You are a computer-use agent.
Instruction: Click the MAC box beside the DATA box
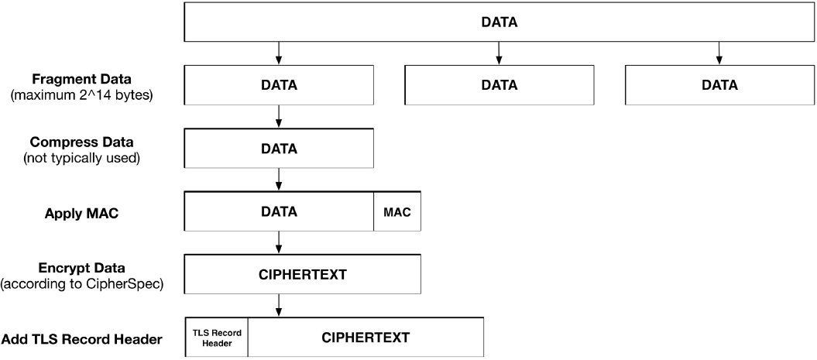[x=397, y=211]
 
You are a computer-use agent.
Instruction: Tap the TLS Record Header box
[x=217, y=338]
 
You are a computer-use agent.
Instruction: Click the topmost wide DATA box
[x=499, y=22]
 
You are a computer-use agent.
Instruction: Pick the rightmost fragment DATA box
[x=719, y=85]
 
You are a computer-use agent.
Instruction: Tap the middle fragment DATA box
[x=499, y=85]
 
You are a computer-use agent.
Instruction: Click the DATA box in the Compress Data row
[x=279, y=148]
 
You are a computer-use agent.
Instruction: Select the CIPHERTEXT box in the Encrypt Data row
[x=302, y=275]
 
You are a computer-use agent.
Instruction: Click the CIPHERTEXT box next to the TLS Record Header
[x=366, y=338]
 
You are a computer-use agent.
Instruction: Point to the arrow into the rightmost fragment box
[x=719, y=53]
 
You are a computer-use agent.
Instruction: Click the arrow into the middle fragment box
[x=499, y=53]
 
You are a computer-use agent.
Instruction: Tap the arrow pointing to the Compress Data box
[x=279, y=116]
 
